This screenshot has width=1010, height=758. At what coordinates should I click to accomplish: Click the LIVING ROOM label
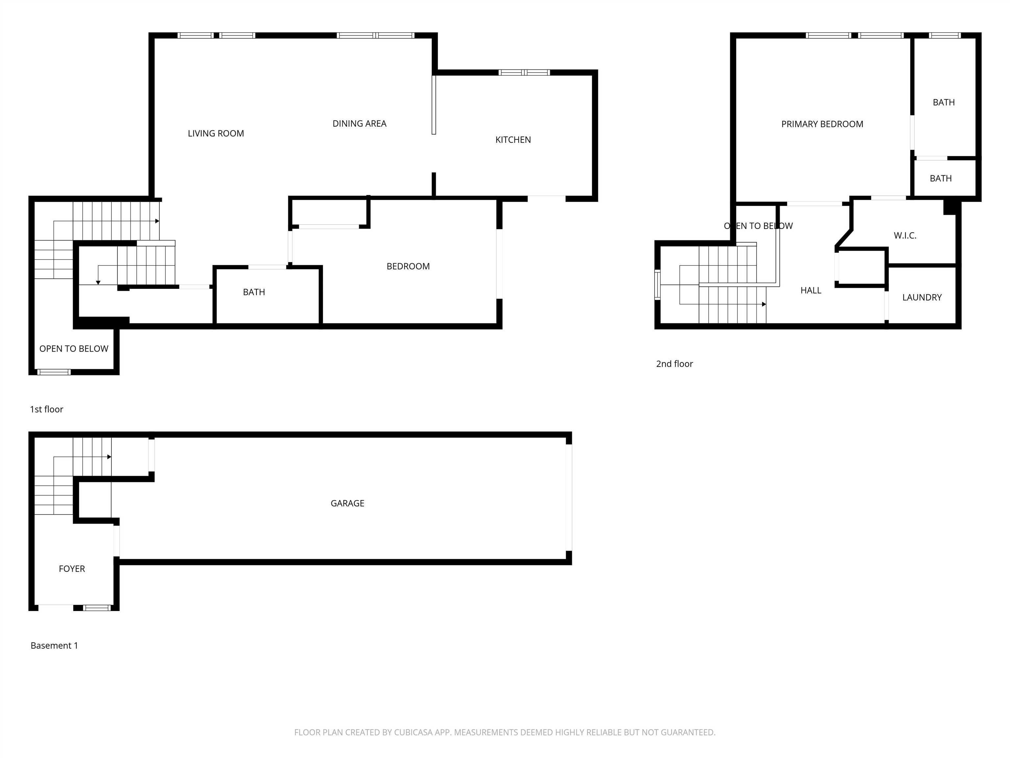[216, 134]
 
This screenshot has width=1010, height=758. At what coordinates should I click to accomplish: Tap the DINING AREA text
[359, 123]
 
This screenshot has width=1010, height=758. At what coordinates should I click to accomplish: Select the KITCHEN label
[513, 140]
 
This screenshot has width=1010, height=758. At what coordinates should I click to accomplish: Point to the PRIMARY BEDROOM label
[822, 124]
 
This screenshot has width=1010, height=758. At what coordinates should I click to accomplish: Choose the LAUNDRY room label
[922, 297]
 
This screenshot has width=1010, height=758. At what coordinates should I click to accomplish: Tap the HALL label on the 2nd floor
[810, 290]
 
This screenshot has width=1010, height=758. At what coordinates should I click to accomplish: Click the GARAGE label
[347, 503]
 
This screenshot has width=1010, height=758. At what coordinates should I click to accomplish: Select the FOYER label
[72, 568]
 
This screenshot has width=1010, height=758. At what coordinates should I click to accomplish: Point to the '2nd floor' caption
[674, 364]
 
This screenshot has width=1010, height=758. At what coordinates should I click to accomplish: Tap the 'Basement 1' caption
[54, 645]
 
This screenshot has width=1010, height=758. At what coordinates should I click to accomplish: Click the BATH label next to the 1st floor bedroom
[254, 292]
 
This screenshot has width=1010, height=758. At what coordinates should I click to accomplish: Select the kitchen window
[524, 72]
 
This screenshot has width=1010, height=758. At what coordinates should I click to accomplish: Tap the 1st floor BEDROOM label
[408, 266]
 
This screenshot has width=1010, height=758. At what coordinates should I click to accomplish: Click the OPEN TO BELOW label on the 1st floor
[74, 349]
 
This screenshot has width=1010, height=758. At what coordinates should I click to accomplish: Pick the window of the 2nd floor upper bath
[944, 35]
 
